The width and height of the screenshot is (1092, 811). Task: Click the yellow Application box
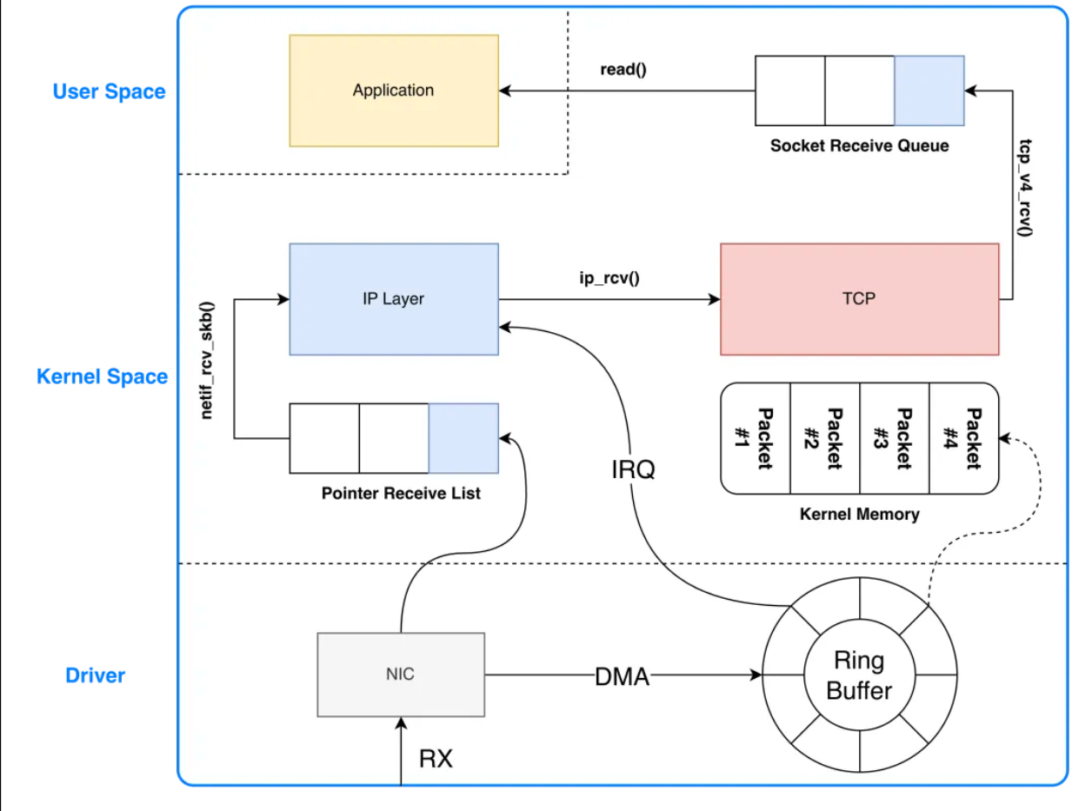pos(394,90)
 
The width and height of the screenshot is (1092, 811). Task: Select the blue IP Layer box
pos(394,299)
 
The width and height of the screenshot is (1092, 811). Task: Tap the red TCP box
pos(859,299)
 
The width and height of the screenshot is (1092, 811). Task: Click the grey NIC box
pos(401,675)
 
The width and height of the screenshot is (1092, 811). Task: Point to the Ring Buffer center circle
pos(859,675)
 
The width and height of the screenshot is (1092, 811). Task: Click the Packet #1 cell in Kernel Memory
pos(756,438)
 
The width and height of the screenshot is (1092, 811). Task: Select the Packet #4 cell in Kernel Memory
pos(964,438)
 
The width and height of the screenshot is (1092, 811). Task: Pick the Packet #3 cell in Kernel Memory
pos(895,438)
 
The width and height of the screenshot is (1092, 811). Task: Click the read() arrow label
pos(623,70)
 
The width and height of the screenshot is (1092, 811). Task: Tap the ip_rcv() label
pos(609,280)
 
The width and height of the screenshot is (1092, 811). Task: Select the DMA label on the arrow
pos(623,675)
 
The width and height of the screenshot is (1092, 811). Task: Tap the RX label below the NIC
pos(436,758)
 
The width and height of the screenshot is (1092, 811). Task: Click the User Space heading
pos(109,91)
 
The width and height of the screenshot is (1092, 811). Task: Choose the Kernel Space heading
pos(102,376)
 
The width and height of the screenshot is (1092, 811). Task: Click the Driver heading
pos(96,675)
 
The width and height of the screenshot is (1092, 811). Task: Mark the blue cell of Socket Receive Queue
pos(929,90)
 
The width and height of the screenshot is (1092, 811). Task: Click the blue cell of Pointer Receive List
pos(463,438)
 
